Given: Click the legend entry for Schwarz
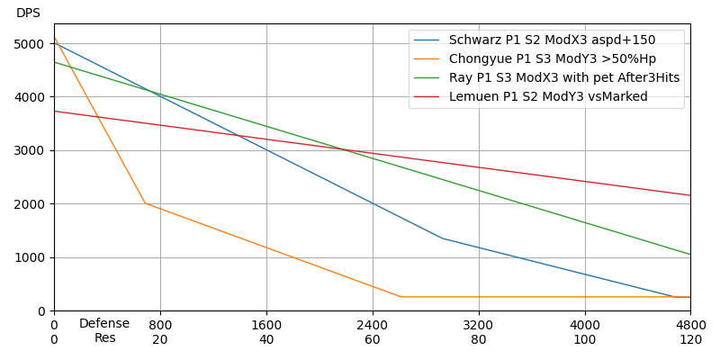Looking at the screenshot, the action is pos(552,40).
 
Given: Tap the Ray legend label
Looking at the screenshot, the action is pos(564,77).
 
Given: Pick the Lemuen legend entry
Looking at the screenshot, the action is pos(548,96).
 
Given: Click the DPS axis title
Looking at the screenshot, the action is pos(28,13).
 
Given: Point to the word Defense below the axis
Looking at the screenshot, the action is pos(104,324).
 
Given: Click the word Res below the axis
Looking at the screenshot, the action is pos(104,338).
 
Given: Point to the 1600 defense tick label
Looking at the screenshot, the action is pos(266,325).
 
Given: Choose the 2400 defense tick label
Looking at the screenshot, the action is pos(373,325).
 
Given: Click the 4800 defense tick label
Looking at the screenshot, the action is pos(691,325).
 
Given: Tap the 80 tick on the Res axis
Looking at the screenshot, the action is pos(479,340).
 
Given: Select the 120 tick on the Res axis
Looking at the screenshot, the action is pos(691,340).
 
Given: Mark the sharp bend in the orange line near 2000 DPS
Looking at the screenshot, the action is pos(145,203).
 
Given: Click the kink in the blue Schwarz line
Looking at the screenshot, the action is pos(442,238).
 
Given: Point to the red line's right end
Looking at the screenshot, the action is pos(690,195).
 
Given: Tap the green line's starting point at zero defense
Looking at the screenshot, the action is pos(54,62).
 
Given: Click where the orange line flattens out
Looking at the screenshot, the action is pos(400,297).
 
